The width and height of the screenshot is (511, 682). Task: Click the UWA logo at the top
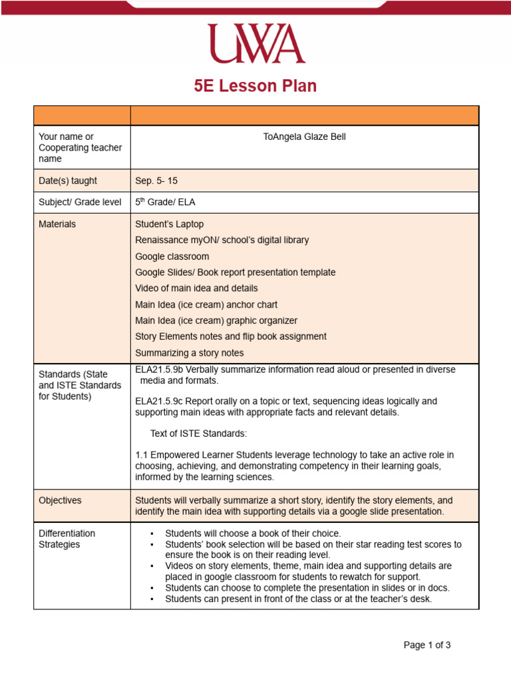[x=255, y=43]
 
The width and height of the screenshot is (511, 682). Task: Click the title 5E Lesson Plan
[x=255, y=86]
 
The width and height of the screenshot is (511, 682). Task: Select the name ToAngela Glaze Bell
[x=304, y=137]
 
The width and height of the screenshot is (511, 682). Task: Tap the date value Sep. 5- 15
[x=156, y=180]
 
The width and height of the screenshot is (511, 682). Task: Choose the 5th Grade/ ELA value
[x=165, y=202]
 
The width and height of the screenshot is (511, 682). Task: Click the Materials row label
[x=57, y=224]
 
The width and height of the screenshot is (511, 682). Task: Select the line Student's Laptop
[x=170, y=224]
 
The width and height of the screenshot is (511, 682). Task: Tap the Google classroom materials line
[x=172, y=256]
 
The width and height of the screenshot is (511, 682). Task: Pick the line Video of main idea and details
[x=196, y=288]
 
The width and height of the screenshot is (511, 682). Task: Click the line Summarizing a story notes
[x=189, y=353]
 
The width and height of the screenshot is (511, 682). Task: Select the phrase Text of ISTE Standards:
[x=198, y=434]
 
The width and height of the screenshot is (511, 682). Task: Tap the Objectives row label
[x=60, y=500]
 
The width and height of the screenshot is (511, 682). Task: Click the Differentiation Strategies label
[x=67, y=539]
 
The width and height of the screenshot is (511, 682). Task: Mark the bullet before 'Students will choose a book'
[x=152, y=534]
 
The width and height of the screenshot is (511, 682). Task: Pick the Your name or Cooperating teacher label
[x=80, y=148]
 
